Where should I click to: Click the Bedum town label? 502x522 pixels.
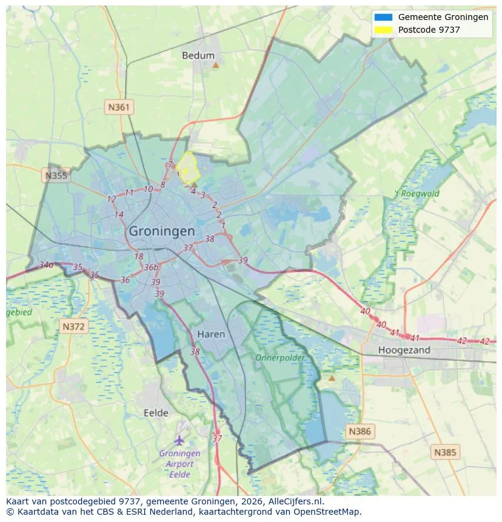(198, 55)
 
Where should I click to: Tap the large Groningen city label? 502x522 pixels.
(162, 231)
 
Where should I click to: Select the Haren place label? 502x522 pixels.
(211, 334)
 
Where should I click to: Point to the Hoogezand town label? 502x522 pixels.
(404, 350)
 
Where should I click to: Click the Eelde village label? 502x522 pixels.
(156, 413)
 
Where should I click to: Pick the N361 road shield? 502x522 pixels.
(119, 107)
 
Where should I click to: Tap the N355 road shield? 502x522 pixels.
(56, 176)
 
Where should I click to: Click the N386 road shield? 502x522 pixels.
(360, 432)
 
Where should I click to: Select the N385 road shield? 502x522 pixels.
(446, 452)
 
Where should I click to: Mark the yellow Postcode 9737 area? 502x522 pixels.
(187, 168)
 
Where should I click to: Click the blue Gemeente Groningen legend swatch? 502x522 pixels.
(384, 17)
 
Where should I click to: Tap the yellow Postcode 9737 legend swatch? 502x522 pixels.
(384, 30)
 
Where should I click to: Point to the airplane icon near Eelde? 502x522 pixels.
(179, 440)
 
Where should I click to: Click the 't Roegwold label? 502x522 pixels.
(417, 194)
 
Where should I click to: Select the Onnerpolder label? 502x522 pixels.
(279, 358)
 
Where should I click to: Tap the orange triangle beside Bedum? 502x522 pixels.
(215, 64)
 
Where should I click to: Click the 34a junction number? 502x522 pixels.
(46, 265)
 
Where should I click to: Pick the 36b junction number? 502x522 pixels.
(151, 267)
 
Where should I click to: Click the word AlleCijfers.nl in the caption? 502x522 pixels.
(296, 501)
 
